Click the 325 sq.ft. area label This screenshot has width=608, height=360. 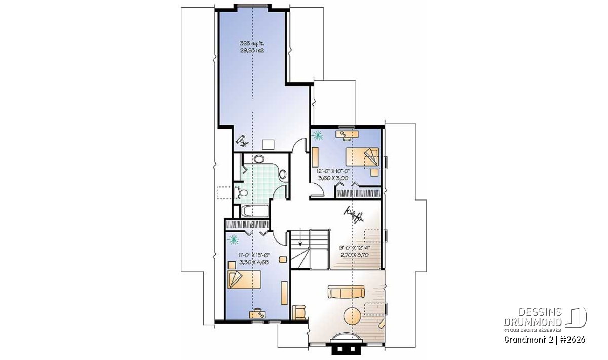tap(252, 43)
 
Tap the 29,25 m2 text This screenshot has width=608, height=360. tap(252, 50)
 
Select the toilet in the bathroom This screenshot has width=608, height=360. tap(241, 192)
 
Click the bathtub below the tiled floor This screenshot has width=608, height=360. tap(254, 211)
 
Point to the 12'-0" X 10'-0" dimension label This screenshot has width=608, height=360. tap(333, 171)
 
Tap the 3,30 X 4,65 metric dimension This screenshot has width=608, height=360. tap(254, 262)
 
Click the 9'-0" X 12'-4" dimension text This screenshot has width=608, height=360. tap(355, 248)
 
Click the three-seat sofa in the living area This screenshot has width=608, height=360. tap(346, 292)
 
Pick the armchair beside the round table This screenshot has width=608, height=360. tap(298, 312)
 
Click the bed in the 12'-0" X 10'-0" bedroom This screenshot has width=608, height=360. tap(362, 156)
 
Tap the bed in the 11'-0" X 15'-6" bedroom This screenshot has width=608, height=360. tap(244, 279)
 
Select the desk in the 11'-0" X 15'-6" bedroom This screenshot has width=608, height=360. tap(257, 314)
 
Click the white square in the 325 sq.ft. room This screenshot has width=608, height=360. tap(269, 144)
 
